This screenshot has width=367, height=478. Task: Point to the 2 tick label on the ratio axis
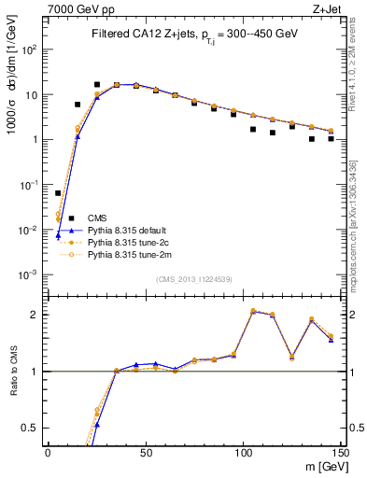click(35, 315)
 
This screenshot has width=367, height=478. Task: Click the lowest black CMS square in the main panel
click(58, 193)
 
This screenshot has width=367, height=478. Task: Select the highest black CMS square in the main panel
click(97, 84)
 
